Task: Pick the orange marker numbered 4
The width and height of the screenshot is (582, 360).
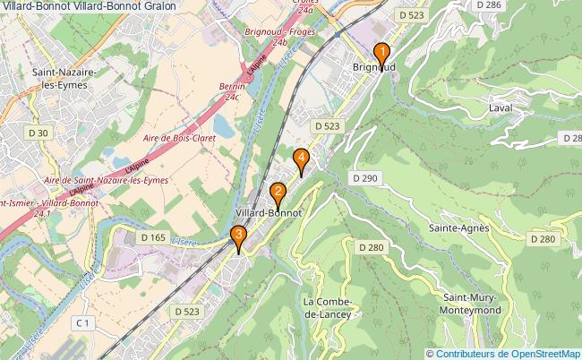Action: pyautogui.click(x=302, y=159)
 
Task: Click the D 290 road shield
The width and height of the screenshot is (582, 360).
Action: pyautogui.click(x=366, y=178)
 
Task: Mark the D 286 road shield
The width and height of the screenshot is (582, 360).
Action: pyautogui.click(x=490, y=5)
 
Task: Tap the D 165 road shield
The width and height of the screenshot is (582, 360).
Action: pyautogui.click(x=153, y=237)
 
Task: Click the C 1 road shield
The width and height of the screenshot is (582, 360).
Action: pyautogui.click(x=83, y=321)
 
